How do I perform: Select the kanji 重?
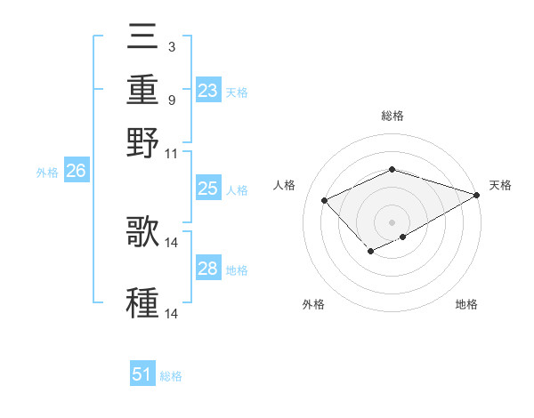click(x=142, y=92)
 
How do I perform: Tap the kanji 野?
click(x=142, y=142)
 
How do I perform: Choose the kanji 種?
click(x=142, y=302)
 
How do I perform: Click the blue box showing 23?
click(x=207, y=91)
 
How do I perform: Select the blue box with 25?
click(x=207, y=189)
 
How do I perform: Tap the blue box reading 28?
click(x=207, y=269)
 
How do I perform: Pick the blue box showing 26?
click(x=76, y=172)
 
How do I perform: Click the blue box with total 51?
click(x=142, y=375)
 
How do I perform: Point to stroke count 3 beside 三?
click(x=171, y=45)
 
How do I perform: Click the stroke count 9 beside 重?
click(x=171, y=100)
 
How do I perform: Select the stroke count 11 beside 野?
click(x=173, y=153)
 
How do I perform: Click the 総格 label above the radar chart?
click(x=392, y=116)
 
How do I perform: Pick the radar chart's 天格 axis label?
click(x=500, y=185)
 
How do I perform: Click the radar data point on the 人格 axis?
click(x=325, y=200)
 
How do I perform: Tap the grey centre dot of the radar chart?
click(x=392, y=221)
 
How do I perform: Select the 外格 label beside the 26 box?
click(x=46, y=173)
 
